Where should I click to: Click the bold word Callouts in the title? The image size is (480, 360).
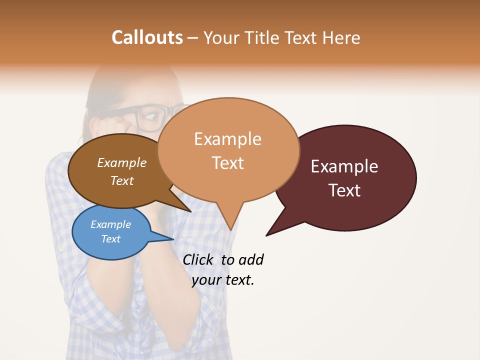pos(147,37)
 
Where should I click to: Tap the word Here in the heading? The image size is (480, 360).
pos(340,38)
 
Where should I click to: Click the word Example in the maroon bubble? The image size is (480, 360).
pos(344,166)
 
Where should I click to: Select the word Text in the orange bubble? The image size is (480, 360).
pos(228,163)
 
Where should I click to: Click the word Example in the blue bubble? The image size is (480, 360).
pos(110,224)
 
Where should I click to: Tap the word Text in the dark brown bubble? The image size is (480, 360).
pos(122,181)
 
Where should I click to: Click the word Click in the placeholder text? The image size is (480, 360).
pos(197,259)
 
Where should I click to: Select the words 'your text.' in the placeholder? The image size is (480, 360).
pos(223,280)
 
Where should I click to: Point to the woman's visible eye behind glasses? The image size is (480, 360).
pos(148,118)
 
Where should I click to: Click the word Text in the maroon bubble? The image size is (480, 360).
pos(345,190)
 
